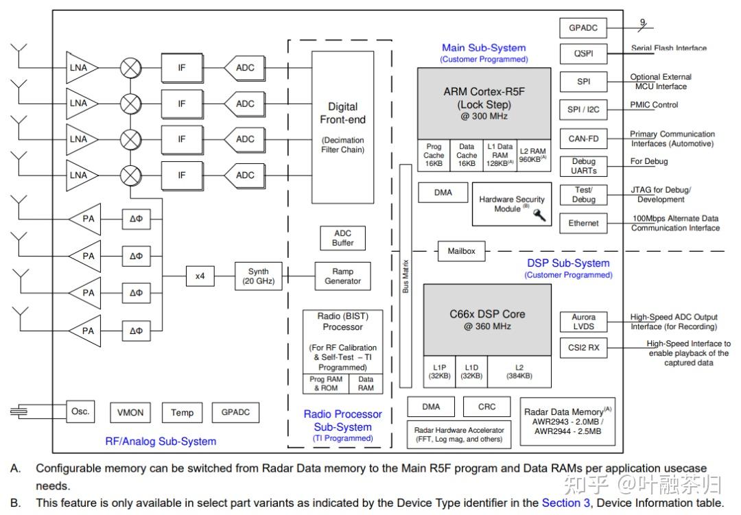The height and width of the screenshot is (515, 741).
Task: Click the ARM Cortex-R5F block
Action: click(x=484, y=104)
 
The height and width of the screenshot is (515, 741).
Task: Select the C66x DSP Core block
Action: click(x=487, y=320)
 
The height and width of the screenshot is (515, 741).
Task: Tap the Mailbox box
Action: click(x=461, y=251)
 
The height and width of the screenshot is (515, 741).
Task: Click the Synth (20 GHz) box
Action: click(x=259, y=276)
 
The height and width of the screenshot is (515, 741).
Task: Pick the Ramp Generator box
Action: click(x=342, y=276)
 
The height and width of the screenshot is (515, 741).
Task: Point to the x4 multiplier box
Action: click(x=200, y=276)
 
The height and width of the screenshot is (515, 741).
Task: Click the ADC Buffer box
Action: click(x=342, y=238)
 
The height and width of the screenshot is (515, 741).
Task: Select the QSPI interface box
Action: click(x=583, y=53)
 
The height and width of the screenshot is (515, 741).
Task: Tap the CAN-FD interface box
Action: click(x=583, y=139)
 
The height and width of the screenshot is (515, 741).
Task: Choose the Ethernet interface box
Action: click(x=583, y=224)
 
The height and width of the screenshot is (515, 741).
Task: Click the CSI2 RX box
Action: click(x=584, y=348)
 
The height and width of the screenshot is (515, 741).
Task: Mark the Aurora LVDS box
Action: click(x=584, y=322)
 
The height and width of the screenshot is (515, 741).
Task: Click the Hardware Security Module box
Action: click(x=511, y=204)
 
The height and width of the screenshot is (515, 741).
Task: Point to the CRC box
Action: click(x=486, y=407)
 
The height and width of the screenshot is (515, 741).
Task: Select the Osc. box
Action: click(x=80, y=411)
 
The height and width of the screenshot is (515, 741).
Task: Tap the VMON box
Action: click(x=130, y=412)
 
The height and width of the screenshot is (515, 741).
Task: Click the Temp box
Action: click(x=182, y=412)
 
